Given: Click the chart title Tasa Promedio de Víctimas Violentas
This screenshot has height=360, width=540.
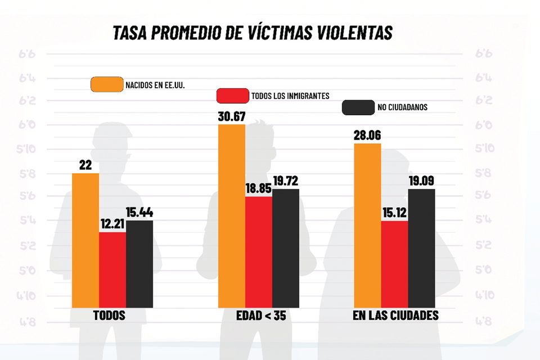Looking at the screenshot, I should (x=252, y=33).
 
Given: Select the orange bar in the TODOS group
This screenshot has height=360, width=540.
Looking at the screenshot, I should (x=85, y=240).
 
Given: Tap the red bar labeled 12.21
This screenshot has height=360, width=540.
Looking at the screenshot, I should (x=112, y=269).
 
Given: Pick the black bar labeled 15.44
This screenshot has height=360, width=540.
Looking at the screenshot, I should (x=139, y=264).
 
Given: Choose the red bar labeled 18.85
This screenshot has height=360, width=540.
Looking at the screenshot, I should (x=259, y=251).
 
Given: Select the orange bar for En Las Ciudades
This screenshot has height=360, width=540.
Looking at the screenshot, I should (x=368, y=225).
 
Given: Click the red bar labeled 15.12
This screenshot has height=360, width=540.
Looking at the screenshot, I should (x=395, y=264).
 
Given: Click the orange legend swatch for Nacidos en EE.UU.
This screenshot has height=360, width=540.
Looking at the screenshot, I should (x=107, y=84).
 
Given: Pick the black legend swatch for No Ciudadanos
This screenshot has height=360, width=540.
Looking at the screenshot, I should (x=358, y=107).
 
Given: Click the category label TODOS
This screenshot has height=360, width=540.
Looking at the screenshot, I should (x=109, y=316).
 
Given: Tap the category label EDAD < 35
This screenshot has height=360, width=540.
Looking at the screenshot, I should (x=261, y=316).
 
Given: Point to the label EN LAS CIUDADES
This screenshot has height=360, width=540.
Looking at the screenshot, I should (x=395, y=316).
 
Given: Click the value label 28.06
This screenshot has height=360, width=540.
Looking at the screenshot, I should (x=367, y=136).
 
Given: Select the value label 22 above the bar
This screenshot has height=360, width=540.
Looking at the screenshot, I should (x=85, y=165).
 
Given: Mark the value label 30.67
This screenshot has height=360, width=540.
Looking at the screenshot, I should (x=232, y=117).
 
